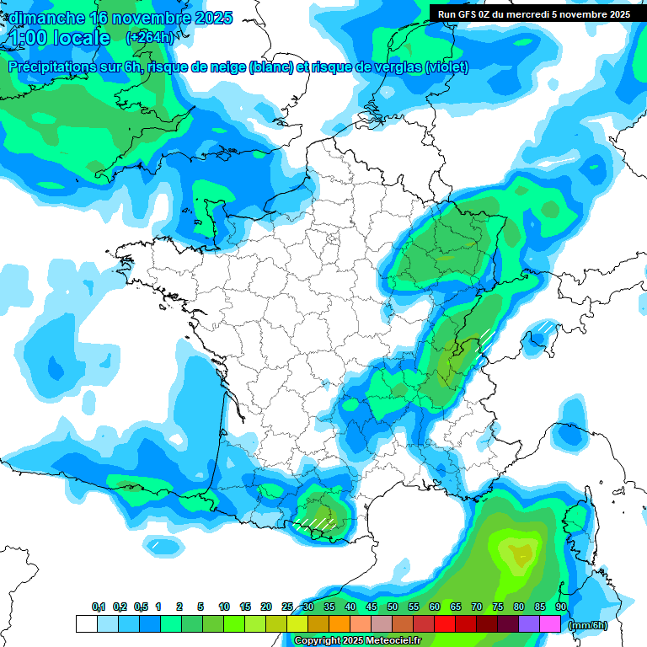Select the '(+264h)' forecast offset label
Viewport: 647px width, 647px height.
click(x=150, y=37)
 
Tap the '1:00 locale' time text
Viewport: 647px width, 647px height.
click(x=59, y=38)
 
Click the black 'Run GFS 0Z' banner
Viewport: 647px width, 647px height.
click(x=533, y=13)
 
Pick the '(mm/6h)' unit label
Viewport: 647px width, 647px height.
click(x=588, y=624)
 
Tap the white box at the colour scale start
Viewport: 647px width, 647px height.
click(x=86, y=623)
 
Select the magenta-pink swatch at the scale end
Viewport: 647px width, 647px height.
click(x=550, y=623)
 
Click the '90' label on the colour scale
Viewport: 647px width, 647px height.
click(x=561, y=607)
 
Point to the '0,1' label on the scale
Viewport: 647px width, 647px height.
click(x=99, y=607)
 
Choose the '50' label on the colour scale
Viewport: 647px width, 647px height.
click(x=393, y=607)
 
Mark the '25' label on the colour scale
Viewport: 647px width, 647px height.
click(x=287, y=607)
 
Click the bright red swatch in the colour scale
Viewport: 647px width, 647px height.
click(x=445, y=623)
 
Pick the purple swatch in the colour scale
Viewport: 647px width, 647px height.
click(x=529, y=623)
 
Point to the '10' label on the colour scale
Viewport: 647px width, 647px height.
click(x=224, y=607)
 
